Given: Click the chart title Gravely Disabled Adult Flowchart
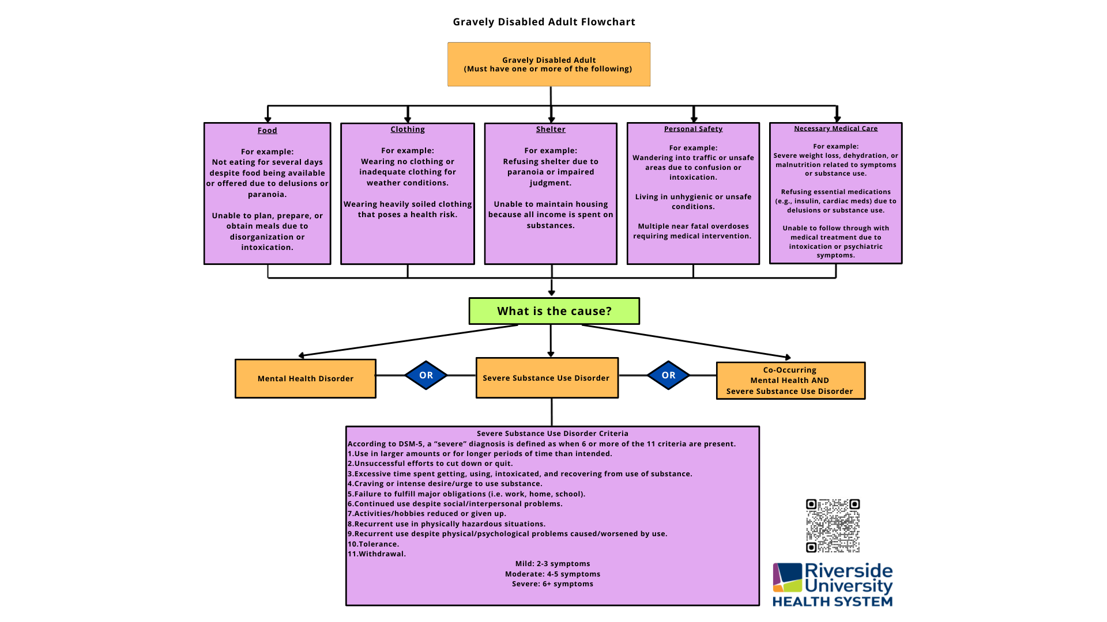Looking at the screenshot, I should click(544, 22).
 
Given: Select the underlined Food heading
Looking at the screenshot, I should click(267, 131).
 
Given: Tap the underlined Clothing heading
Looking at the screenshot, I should click(408, 130).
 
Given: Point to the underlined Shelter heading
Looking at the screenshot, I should click(551, 130).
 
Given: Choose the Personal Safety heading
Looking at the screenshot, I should click(693, 129).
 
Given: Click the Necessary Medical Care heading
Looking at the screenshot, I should click(835, 128).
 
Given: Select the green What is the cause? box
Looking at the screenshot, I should click(554, 311).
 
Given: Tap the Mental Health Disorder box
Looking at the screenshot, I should click(306, 378).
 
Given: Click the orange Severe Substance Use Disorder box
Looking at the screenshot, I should click(547, 378).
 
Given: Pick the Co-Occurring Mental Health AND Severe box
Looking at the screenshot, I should click(790, 381).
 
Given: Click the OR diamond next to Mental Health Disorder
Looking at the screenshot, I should click(426, 376).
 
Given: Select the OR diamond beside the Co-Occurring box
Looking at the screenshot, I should click(668, 376).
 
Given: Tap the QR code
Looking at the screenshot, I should click(833, 526).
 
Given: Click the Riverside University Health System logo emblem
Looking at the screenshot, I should click(788, 578).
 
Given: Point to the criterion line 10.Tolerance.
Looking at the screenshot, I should click(373, 544).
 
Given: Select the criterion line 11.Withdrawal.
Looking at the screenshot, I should click(376, 554).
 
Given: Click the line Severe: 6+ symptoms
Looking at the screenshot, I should click(552, 584).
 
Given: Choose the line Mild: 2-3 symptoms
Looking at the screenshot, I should click(552, 564).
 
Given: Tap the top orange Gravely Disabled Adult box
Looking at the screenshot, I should click(548, 64).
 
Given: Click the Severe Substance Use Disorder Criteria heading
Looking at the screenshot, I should click(552, 434).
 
